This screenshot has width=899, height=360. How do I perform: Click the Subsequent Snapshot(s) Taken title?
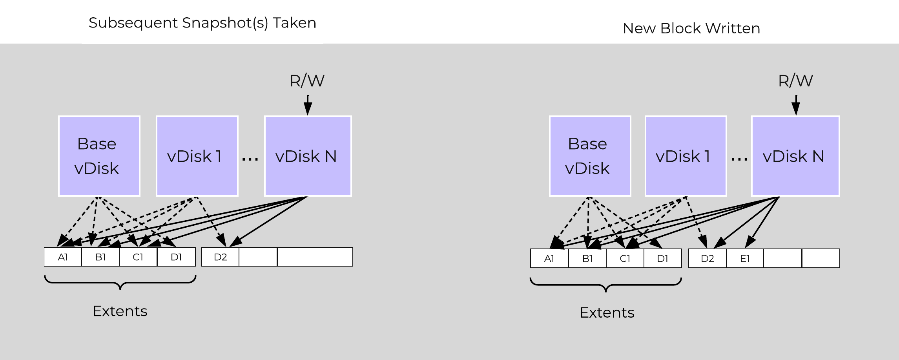pyautogui.click(x=202, y=23)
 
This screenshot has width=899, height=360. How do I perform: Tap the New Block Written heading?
pyautogui.click(x=691, y=29)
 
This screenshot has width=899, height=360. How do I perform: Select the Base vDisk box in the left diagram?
pyautogui.click(x=99, y=156)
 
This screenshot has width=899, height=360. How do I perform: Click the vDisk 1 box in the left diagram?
pyautogui.click(x=197, y=156)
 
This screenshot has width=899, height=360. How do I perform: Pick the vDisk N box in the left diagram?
pyautogui.click(x=308, y=156)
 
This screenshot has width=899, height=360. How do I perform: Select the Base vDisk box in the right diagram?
pyautogui.click(x=590, y=156)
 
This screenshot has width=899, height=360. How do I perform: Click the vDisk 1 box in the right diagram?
pyautogui.click(x=686, y=156)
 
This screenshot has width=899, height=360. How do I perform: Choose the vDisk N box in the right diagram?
pyautogui.click(x=795, y=156)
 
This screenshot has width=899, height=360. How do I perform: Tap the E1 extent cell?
pyautogui.click(x=745, y=258)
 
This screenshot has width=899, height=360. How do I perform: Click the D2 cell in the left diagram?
pyautogui.click(x=220, y=257)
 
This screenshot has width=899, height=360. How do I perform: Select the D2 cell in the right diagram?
pyautogui.click(x=707, y=258)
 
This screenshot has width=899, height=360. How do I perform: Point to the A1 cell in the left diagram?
pyautogui.click(x=63, y=257)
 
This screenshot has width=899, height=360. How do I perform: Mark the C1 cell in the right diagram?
pyautogui.click(x=625, y=258)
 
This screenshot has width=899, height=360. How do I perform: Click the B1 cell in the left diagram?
pyautogui.click(x=100, y=257)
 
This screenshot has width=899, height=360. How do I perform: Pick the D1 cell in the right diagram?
pyautogui.click(x=662, y=258)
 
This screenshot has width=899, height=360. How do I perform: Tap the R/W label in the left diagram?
pyautogui.click(x=307, y=81)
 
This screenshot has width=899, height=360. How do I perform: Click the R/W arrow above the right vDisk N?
pyautogui.click(x=795, y=105)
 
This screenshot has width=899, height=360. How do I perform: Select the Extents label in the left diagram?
pyautogui.click(x=120, y=311)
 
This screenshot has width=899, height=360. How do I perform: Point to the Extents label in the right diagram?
pyautogui.click(x=607, y=312)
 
